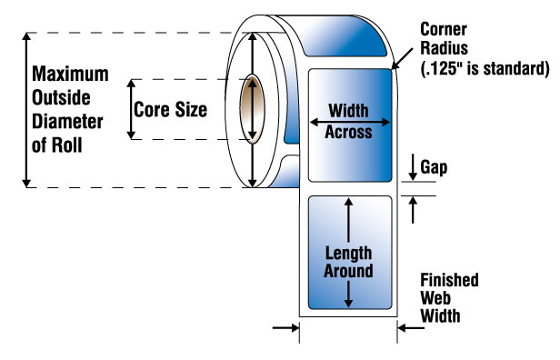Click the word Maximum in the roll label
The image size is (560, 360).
tap(69, 73)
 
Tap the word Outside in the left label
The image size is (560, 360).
tap(62, 96)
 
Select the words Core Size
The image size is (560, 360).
tap(171, 110)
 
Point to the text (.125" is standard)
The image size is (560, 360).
tap(485, 68)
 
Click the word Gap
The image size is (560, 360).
tap(433, 167)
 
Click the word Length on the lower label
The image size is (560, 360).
tap(349, 252)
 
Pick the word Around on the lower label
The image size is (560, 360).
tap(349, 271)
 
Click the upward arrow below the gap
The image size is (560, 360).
tap(414, 208)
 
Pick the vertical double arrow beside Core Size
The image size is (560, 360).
tap(132, 109)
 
